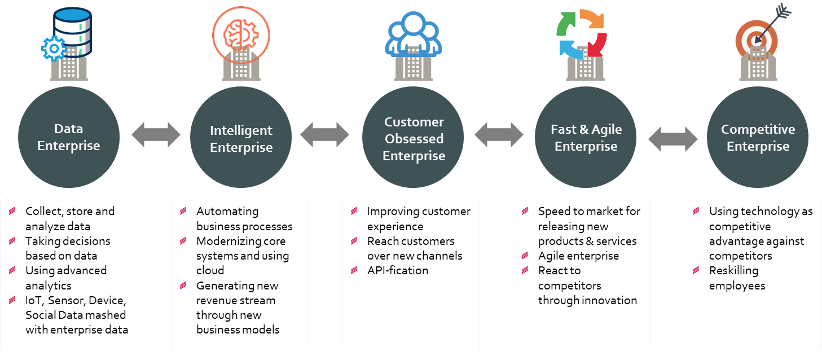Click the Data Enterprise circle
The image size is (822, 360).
(x=69, y=137)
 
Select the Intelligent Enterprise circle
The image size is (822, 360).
(x=241, y=137)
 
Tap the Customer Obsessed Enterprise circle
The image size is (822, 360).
(x=413, y=137)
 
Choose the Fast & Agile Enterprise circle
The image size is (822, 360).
(x=586, y=137)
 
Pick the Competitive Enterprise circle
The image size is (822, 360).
(x=758, y=137)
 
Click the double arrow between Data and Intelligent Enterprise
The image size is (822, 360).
(x=156, y=135)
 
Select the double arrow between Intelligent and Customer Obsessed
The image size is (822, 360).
(x=324, y=135)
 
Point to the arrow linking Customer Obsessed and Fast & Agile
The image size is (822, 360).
(x=499, y=135)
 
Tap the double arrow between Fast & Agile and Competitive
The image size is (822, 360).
(x=672, y=139)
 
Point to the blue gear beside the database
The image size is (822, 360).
(x=54, y=49)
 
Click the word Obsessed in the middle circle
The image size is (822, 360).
(x=414, y=139)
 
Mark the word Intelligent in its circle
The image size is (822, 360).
(x=241, y=130)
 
